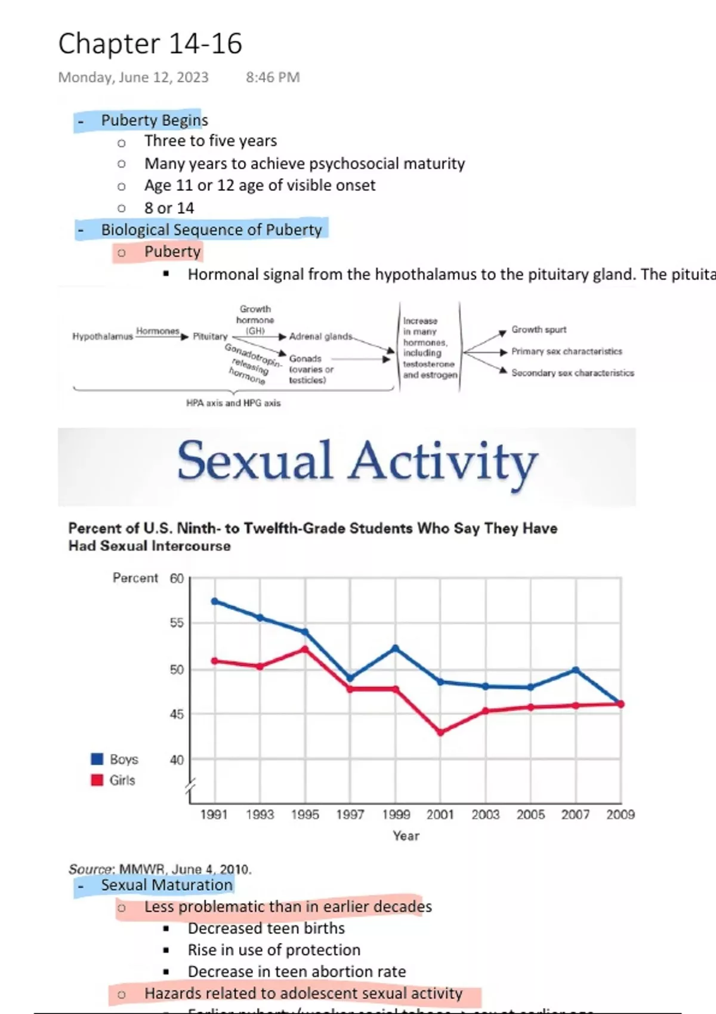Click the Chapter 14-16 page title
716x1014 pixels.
click(150, 44)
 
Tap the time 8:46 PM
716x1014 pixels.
click(273, 78)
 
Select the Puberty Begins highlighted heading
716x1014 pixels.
click(154, 120)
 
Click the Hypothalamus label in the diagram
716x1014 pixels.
click(102, 336)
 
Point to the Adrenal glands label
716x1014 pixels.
click(320, 336)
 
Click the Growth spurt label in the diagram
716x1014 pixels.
click(538, 329)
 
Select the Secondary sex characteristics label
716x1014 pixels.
click(572, 373)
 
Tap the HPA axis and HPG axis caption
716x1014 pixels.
click(233, 403)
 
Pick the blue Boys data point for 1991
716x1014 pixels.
click(214, 601)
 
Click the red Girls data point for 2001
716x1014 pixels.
click(440, 732)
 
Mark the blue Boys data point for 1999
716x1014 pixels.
click(395, 648)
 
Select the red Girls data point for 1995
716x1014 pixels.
click(305, 649)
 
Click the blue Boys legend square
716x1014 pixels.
click(97, 759)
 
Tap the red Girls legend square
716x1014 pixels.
click(97, 780)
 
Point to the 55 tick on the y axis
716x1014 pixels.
click(177, 623)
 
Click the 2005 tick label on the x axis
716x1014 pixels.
click(530, 814)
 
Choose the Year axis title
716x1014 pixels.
click(406, 836)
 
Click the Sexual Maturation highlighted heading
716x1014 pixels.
click(166, 885)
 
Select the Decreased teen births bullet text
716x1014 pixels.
click(266, 928)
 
